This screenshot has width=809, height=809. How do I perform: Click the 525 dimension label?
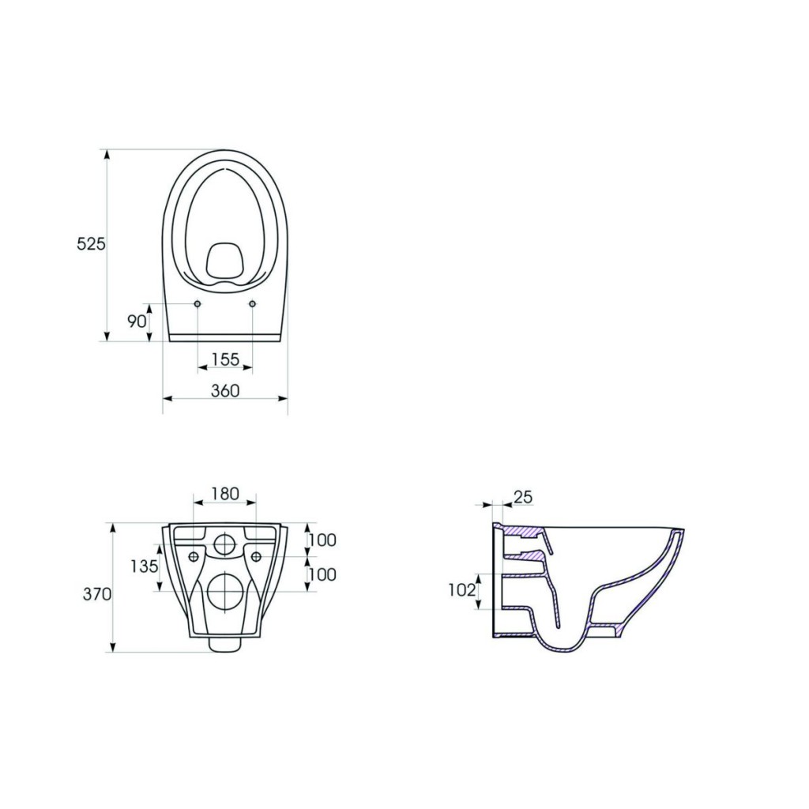click(91, 243)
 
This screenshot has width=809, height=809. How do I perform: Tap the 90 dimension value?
click(137, 322)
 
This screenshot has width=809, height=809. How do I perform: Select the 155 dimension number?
click(225, 359)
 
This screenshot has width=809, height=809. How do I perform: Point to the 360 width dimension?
click(225, 390)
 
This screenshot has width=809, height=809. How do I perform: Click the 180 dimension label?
click(225, 494)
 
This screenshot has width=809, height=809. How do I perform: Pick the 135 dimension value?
click(144, 566)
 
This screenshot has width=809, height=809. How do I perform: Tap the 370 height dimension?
click(97, 594)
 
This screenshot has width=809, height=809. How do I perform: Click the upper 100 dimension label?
click(322, 540)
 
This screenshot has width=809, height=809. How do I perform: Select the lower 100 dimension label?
click(322, 574)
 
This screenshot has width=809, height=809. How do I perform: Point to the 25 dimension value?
click(523, 497)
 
